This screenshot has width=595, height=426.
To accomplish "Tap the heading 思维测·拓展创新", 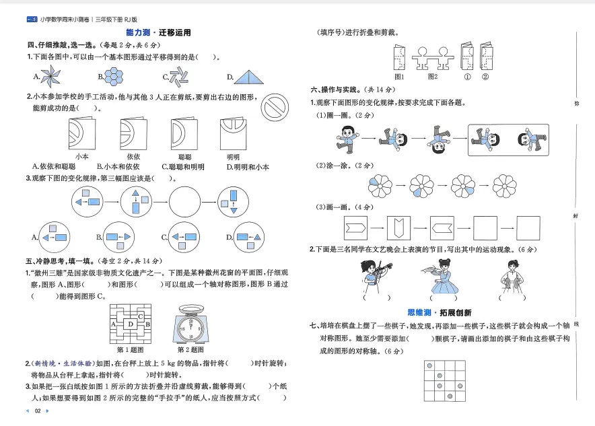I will (440, 312).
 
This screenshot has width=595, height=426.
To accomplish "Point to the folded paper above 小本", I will (81, 135).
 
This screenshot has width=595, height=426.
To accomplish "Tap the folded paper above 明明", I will (233, 134).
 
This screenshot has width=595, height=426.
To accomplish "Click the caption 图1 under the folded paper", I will (398, 76).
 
